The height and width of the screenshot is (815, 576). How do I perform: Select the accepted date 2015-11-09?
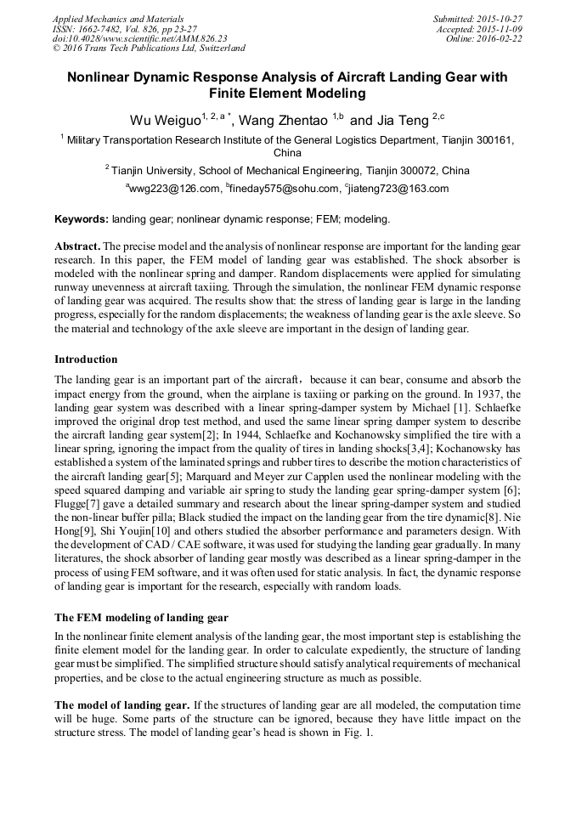click(501, 29)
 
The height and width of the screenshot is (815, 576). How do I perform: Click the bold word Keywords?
click(81, 219)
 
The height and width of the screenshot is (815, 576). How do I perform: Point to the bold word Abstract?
click(77, 245)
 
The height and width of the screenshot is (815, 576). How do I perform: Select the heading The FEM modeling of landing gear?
click(142, 617)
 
